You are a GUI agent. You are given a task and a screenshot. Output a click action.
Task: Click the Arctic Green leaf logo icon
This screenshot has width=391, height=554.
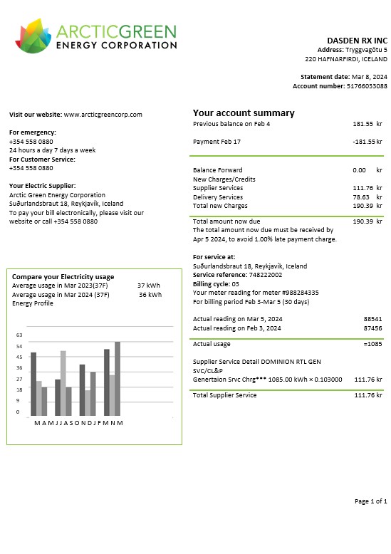click(33, 36)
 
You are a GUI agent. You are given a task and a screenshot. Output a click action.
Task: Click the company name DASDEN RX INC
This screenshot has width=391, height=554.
click(357, 41)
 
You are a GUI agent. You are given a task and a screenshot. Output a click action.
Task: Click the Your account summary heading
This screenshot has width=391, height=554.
click(244, 113)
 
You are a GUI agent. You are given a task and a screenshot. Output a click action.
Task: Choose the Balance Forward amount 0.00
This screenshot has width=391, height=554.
click(359, 170)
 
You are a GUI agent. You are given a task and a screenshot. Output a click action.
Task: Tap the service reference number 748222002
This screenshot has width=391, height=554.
click(265, 275)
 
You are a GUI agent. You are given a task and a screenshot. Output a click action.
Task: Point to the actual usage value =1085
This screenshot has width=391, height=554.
click(372, 344)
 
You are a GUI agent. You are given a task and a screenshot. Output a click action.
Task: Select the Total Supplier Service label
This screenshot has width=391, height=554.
click(225, 395)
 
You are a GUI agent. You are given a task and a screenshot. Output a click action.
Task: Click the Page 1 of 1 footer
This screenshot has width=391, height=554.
click(370, 502)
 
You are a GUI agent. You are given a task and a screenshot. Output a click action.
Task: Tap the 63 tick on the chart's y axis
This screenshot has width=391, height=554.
click(19, 335)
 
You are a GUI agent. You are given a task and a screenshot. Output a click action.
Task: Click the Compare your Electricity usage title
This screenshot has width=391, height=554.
click(63, 277)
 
